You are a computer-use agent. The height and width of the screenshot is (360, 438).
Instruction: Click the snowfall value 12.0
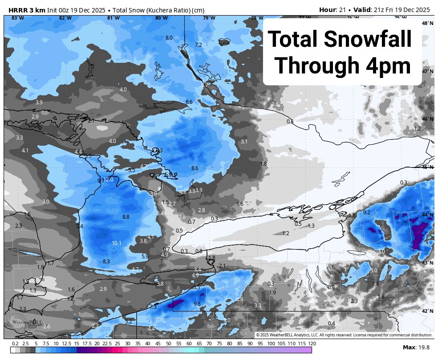[x=109, y=180]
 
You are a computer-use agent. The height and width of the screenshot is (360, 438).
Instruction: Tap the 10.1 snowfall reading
[x=117, y=243]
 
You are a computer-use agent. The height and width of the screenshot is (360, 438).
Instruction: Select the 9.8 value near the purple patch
[x=197, y=304]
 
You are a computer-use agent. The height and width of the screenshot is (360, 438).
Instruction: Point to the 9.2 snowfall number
[x=367, y=213]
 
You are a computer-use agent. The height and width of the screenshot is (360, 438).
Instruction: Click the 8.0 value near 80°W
[x=169, y=38]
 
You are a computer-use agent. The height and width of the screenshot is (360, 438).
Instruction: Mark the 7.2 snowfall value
[x=199, y=45]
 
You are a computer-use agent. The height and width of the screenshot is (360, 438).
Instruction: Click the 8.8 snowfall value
[x=126, y=217]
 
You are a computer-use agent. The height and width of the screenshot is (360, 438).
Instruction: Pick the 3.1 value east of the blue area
[x=244, y=142]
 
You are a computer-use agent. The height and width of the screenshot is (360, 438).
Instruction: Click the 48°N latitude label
[x=427, y=23]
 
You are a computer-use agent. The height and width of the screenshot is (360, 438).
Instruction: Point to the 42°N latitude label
[x=427, y=311]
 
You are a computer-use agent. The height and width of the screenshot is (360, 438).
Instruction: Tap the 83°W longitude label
[x=17, y=18]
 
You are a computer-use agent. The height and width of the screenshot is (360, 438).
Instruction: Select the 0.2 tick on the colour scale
[x=15, y=344]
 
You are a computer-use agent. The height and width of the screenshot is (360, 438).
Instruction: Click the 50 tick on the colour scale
[x=169, y=344]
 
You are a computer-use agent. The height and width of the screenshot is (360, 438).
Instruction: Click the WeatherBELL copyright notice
[x=344, y=335]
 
